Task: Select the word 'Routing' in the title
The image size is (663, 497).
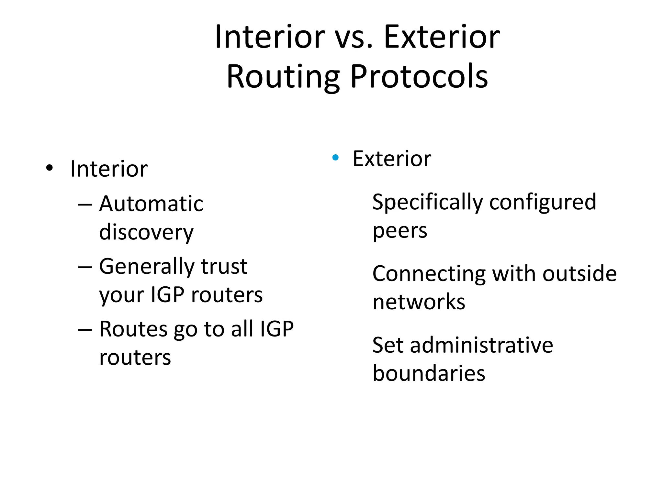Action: point(283,77)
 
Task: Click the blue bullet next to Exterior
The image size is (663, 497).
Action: point(335,158)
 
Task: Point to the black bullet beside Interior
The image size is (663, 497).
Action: point(49,168)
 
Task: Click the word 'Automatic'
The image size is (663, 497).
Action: point(151,204)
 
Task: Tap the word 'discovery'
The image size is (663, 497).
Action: point(146,233)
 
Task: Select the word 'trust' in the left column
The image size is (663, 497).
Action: point(224,267)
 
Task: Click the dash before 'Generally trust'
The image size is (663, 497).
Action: point(85,268)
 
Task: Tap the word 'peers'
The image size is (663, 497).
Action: point(400,231)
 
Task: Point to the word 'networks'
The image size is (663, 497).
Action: point(419,302)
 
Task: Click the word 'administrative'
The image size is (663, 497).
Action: point(482,345)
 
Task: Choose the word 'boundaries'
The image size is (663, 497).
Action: point(429,373)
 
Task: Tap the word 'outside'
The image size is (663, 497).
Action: point(579,274)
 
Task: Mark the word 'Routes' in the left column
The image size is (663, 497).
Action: point(133,329)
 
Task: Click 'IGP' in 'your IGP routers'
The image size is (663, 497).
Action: point(167,295)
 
